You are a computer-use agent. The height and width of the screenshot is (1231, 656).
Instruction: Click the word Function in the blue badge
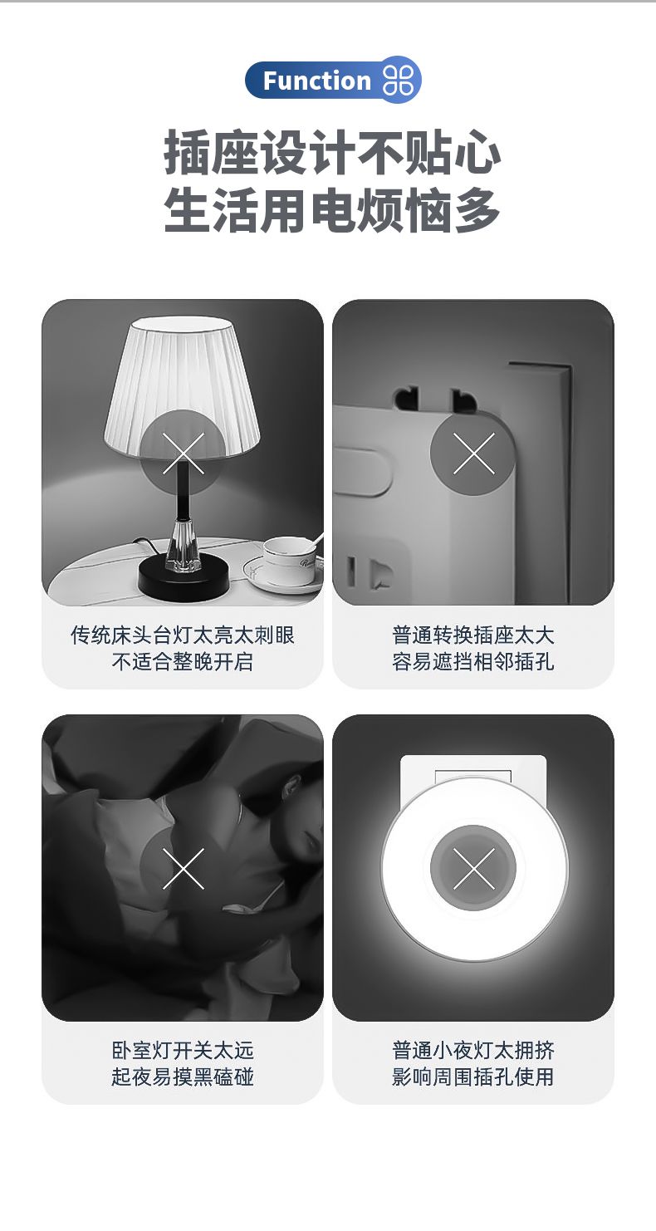[317, 81]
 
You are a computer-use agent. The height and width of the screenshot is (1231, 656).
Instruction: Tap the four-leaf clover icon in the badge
[398, 81]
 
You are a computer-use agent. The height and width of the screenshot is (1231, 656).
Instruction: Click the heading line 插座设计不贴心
[332, 152]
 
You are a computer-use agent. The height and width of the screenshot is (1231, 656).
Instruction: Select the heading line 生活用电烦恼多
[332, 210]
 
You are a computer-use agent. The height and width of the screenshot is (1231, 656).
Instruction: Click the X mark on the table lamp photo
[184, 454]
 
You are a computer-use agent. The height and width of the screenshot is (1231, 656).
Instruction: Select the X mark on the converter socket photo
[473, 454]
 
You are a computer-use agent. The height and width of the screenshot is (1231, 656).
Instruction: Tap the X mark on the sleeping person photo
[184, 868]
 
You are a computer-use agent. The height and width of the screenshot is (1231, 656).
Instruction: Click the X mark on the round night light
[473, 868]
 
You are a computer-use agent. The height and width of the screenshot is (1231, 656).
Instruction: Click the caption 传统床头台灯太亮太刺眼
[183, 635]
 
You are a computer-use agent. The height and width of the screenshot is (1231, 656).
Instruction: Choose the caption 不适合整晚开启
[183, 662]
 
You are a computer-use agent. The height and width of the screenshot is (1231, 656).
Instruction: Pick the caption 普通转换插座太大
[473, 635]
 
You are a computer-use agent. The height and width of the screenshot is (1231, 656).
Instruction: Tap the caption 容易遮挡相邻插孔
[473, 662]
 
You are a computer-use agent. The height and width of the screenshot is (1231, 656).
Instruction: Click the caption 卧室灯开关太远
[183, 1051]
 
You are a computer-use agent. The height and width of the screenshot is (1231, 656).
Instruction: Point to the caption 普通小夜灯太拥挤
[473, 1051]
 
